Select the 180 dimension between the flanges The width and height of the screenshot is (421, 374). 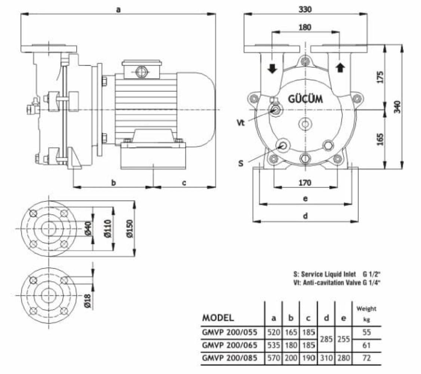(305, 27)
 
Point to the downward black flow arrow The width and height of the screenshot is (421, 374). (272, 68)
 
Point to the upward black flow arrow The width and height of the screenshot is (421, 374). (339, 68)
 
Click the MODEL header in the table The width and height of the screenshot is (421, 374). (218, 318)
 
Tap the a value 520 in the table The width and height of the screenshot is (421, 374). (274, 332)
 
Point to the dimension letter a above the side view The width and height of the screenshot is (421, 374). (118, 10)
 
